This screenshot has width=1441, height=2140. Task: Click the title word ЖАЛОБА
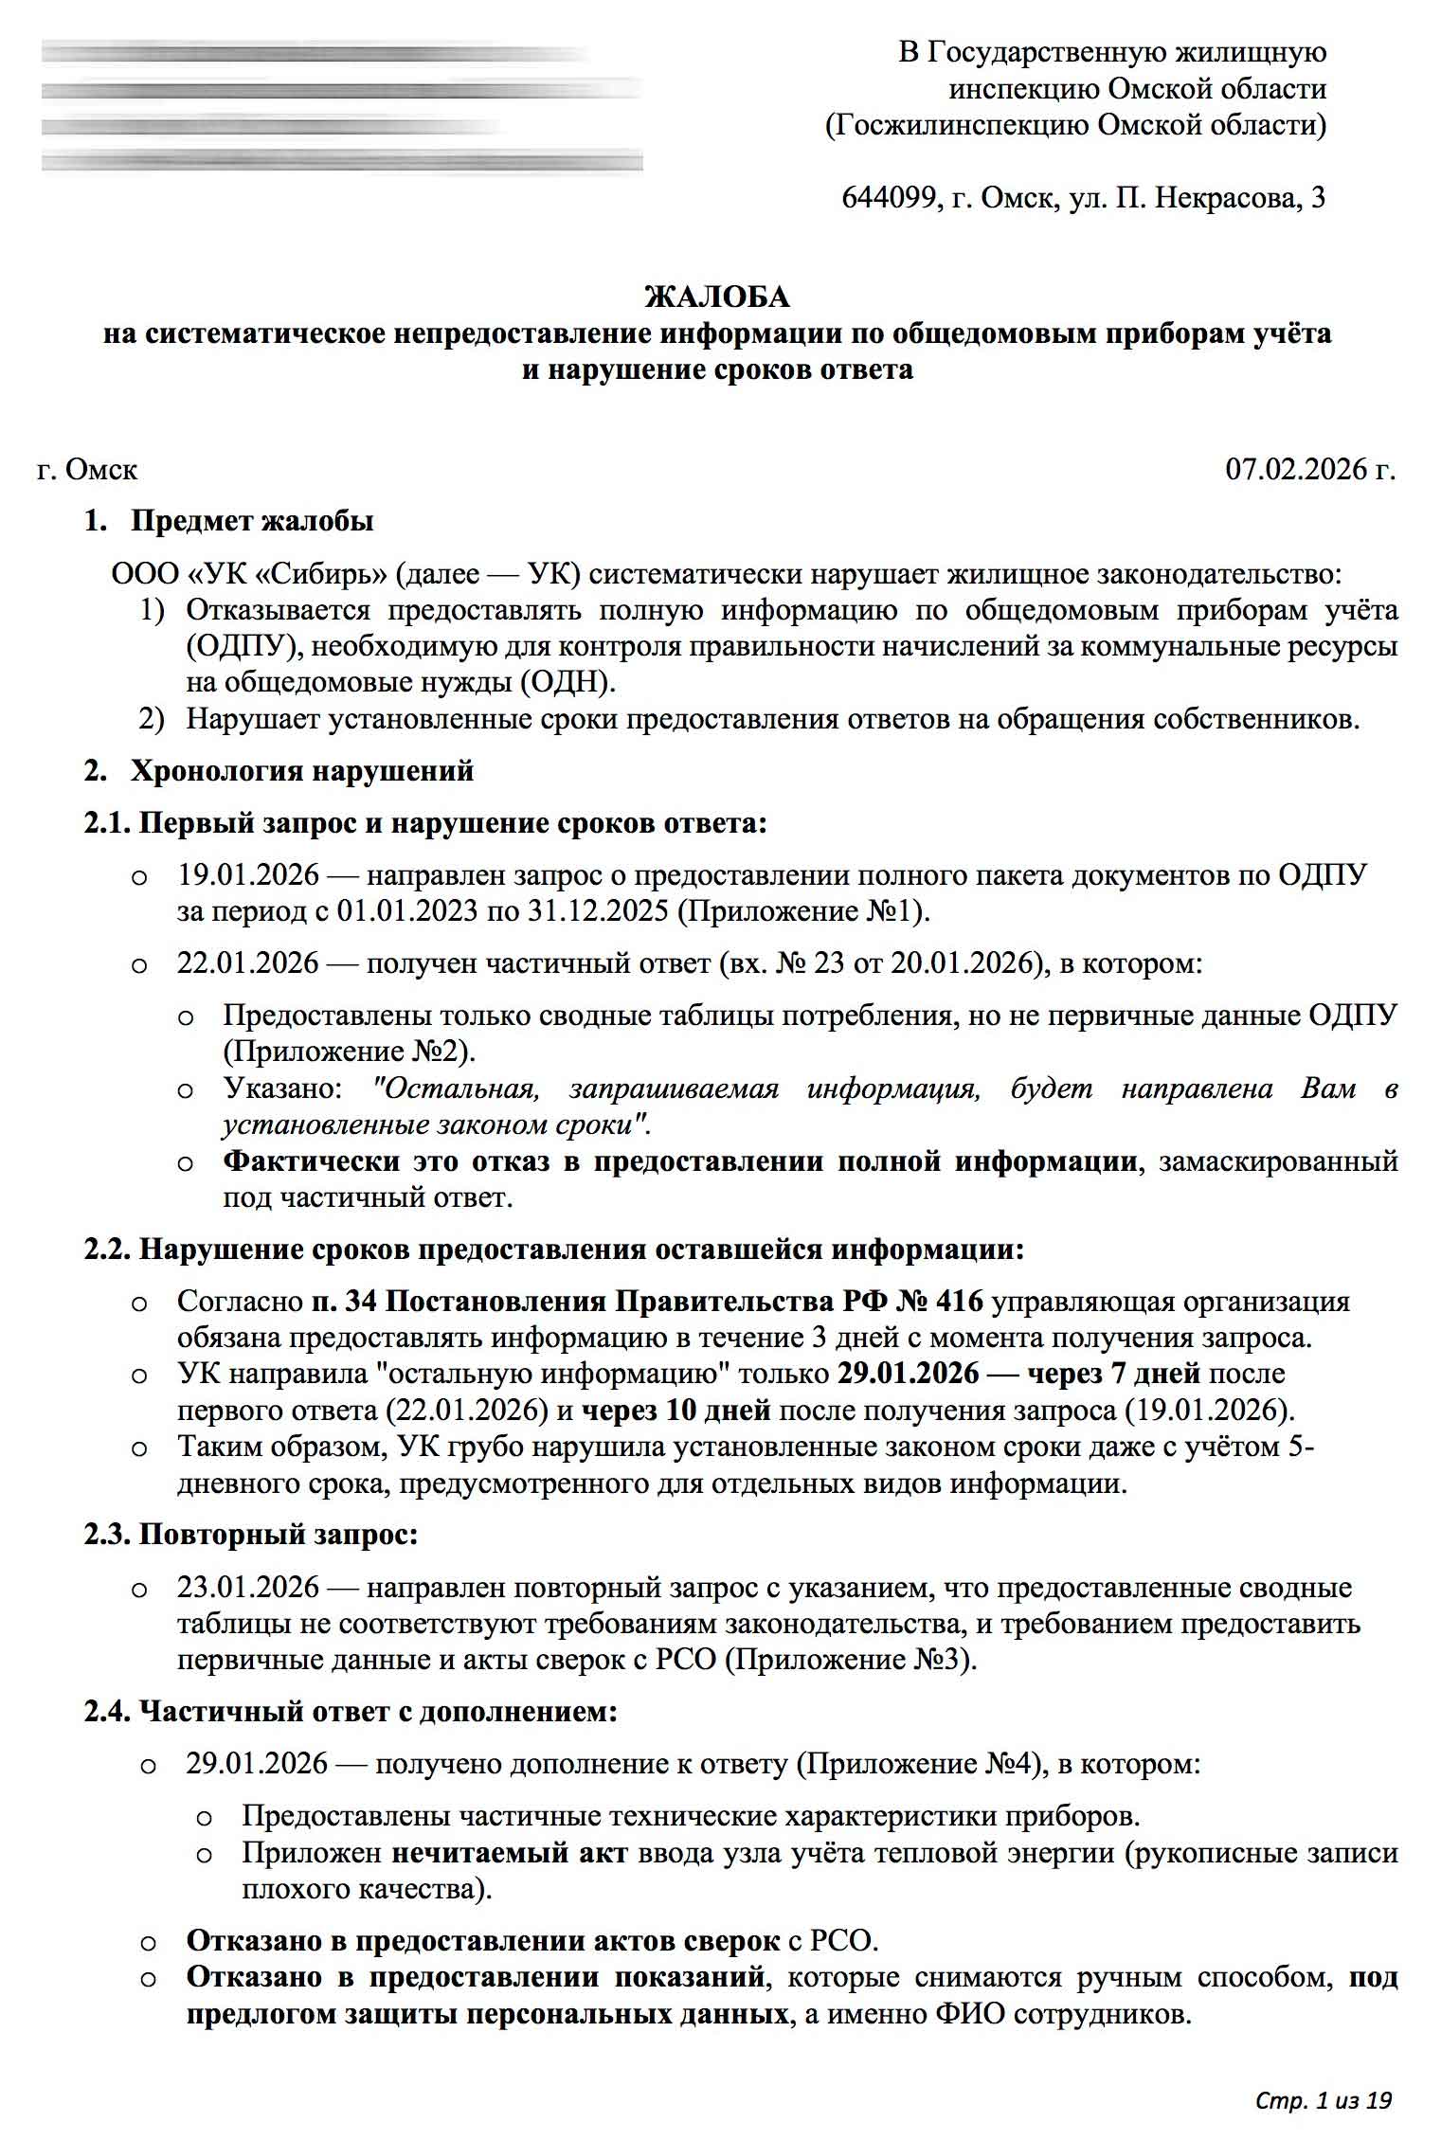pos(716,297)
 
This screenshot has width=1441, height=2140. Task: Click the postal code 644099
pos(886,198)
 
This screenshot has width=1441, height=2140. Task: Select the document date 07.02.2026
pos(1297,469)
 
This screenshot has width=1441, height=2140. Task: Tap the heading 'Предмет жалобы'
pos(252,521)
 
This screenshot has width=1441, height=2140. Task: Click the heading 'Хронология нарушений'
pos(302,770)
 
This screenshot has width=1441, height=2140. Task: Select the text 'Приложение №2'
pos(344,1052)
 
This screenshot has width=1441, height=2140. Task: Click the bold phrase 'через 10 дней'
pos(675,1411)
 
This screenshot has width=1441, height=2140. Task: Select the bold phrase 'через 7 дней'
pos(1113,1374)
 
